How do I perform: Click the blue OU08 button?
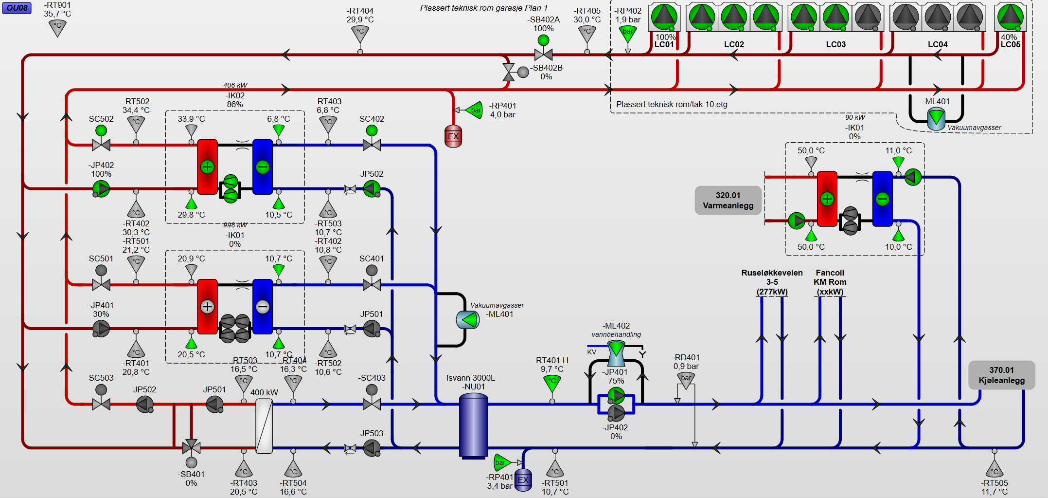tap(17, 8)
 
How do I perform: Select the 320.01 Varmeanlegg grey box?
tap(728, 200)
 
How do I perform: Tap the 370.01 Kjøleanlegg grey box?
tap(1001, 375)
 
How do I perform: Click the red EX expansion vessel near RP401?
tap(453, 136)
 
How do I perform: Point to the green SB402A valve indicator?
tap(543, 40)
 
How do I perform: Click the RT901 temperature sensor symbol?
tap(57, 28)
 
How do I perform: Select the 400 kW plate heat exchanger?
tap(264, 426)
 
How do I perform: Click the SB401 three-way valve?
tap(191, 447)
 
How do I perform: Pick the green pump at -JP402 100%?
tap(101, 189)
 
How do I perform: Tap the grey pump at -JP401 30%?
tap(101, 329)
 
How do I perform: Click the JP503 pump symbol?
tap(372, 448)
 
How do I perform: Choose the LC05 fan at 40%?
tap(1010, 17)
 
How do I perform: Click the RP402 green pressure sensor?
tap(628, 33)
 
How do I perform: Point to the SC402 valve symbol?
tap(372, 144)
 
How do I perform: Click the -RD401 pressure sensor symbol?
tap(686, 380)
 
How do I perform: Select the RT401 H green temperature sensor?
tap(552, 383)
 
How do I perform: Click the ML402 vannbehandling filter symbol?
tap(616, 354)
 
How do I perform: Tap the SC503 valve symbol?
tap(101, 404)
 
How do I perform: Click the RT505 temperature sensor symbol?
tap(994, 469)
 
